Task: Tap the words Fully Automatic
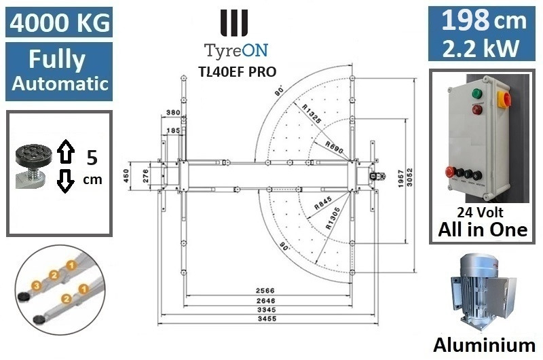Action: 58,71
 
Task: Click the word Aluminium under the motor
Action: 485,343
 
